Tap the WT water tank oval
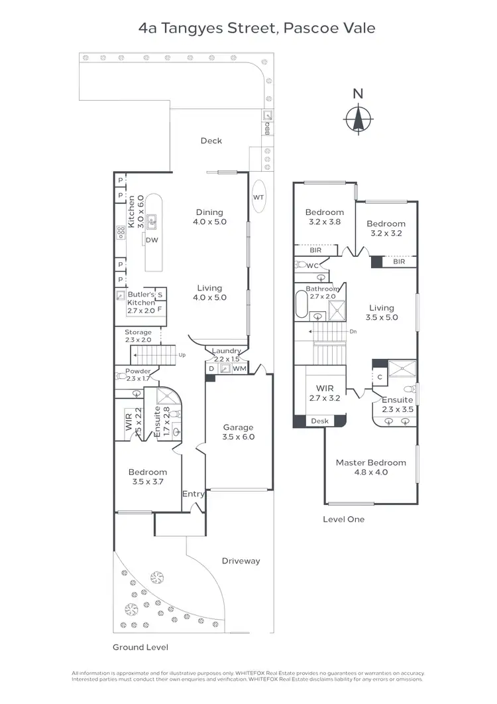pyautogui.click(x=258, y=197)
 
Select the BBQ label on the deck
pyautogui.click(x=268, y=128)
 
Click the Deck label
pyautogui.click(x=211, y=141)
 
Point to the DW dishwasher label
pyautogui.click(x=152, y=240)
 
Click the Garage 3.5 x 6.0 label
pyautogui.click(x=239, y=432)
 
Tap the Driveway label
pyautogui.click(x=241, y=561)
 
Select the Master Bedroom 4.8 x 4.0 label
pyautogui.click(x=371, y=467)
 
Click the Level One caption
pyautogui.click(x=343, y=519)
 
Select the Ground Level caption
pyautogui.click(x=140, y=647)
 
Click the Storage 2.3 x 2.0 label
pyautogui.click(x=138, y=336)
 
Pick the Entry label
pyautogui.click(x=193, y=494)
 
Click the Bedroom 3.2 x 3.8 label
pyautogui.click(x=325, y=218)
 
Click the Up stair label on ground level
pyautogui.click(x=182, y=355)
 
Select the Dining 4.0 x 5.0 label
pyautogui.click(x=211, y=217)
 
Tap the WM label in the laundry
pyautogui.click(x=239, y=368)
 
